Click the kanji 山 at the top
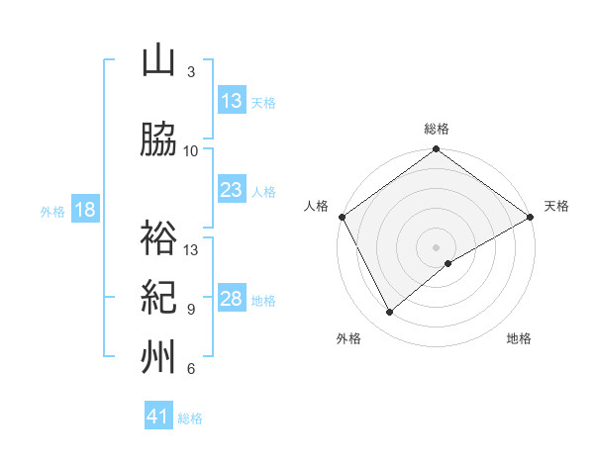158,61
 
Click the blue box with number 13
231,101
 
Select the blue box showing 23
231,190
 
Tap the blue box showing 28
231,299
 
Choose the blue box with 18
83,210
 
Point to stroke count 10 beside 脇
191,151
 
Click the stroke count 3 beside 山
191,72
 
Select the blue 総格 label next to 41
190,418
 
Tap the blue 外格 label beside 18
52,211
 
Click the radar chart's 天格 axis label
556,206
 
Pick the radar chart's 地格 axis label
519,338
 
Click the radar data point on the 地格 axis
448,263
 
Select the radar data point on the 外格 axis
389,312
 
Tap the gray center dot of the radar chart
436,245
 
